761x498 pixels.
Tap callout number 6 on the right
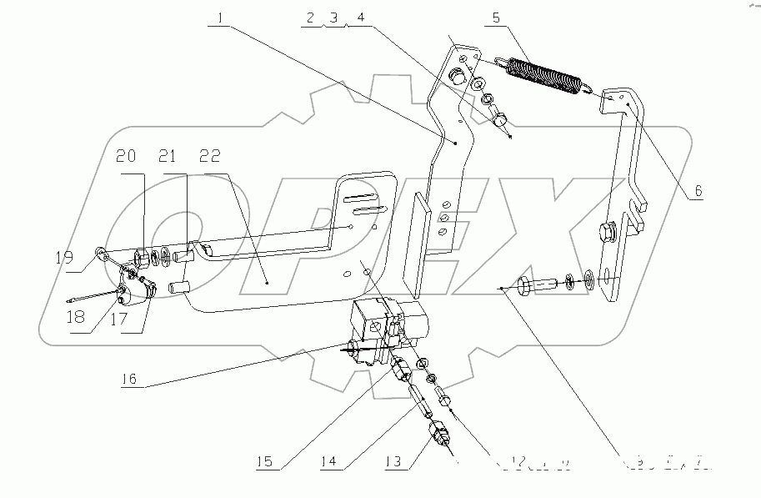(698, 191)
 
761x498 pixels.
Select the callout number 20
(127, 156)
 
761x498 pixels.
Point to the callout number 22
(210, 156)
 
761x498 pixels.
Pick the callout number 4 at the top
(360, 16)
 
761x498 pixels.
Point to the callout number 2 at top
(310, 16)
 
